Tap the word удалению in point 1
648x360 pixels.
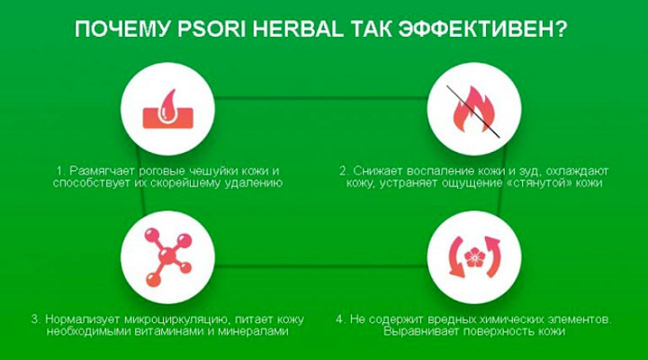[256, 184]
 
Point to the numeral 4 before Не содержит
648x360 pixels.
[339, 319]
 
